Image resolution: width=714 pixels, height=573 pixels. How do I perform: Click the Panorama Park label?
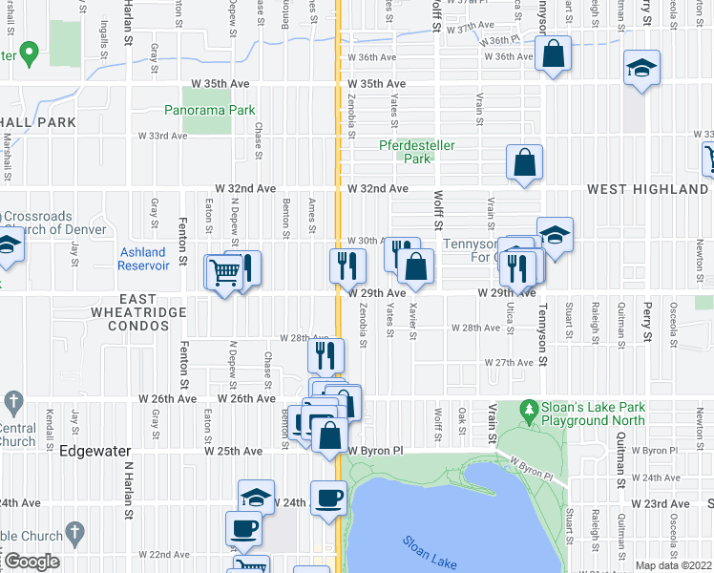point(220,110)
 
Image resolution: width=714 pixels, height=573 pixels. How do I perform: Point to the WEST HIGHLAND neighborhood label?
point(649,189)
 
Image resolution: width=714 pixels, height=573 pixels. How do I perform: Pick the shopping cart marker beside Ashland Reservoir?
point(224,273)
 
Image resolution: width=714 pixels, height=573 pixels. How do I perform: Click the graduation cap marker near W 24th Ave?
point(255,498)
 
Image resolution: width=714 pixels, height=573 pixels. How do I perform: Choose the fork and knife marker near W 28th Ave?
point(325,356)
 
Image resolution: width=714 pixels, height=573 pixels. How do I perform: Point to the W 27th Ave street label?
point(508,363)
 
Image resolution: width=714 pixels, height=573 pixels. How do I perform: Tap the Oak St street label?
point(461,417)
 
